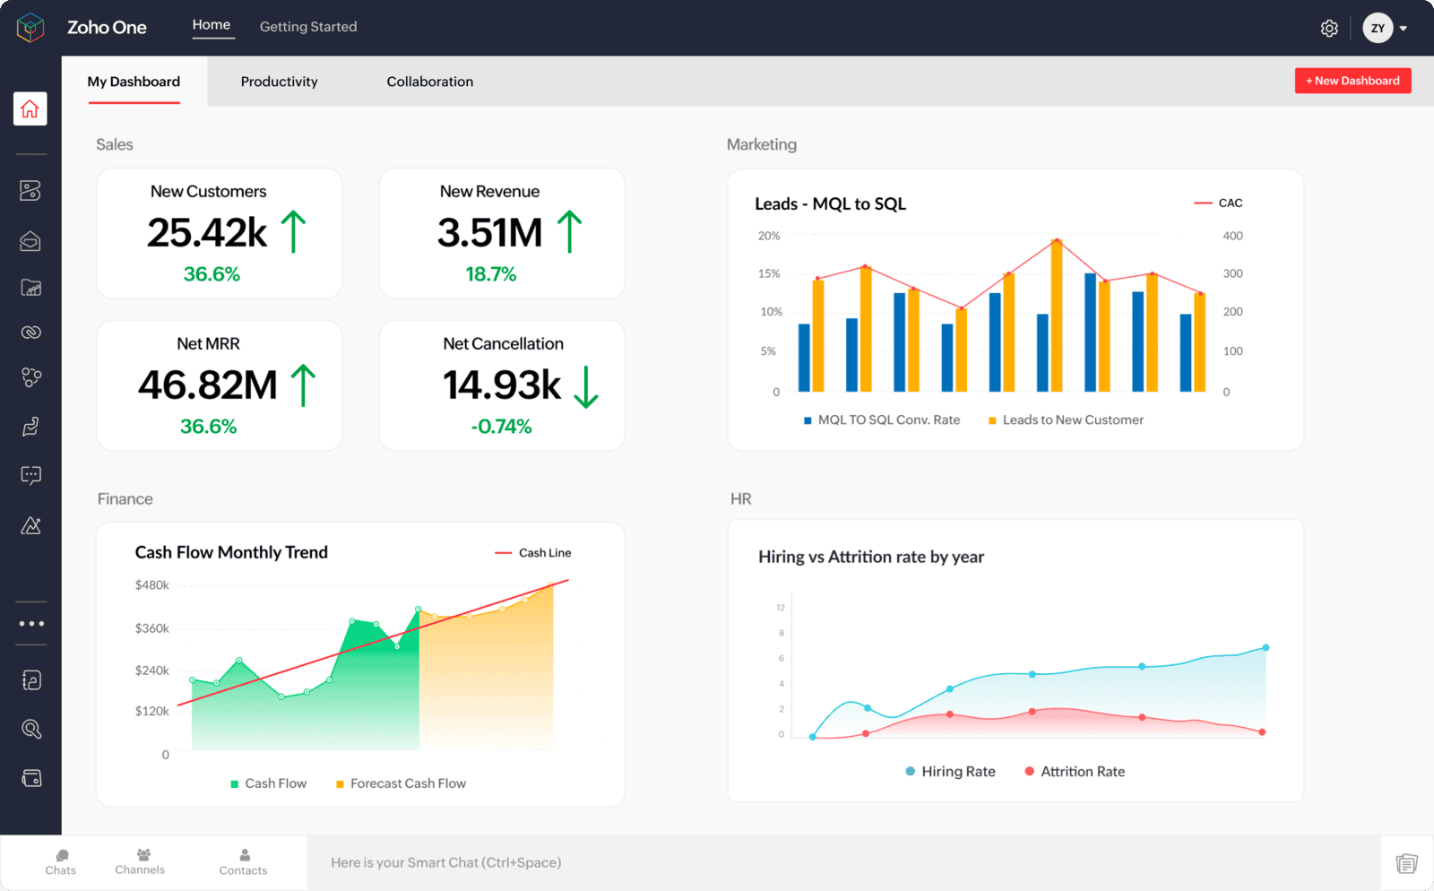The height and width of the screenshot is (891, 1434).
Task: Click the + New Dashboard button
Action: [1352, 81]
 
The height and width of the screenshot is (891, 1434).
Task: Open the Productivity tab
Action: [279, 82]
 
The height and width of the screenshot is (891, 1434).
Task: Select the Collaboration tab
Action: [429, 82]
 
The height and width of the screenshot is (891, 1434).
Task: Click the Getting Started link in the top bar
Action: [307, 27]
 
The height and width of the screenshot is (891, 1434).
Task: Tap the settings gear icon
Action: [1329, 29]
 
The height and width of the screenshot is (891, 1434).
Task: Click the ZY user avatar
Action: [1378, 28]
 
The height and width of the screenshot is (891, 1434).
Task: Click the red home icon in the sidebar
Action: [30, 109]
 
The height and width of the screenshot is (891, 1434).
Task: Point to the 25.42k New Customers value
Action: [207, 233]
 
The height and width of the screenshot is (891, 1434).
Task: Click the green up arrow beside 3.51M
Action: [569, 231]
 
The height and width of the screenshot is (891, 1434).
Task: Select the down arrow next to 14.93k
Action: [585, 386]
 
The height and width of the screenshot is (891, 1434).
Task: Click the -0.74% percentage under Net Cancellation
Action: [501, 427]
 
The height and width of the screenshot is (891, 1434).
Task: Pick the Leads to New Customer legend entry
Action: [1067, 420]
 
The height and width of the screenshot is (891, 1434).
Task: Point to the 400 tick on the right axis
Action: [1232, 236]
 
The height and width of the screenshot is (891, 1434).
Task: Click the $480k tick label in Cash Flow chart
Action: [151, 585]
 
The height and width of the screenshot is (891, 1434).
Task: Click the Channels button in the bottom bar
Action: [140, 861]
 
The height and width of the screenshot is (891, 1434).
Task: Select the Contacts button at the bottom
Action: [244, 862]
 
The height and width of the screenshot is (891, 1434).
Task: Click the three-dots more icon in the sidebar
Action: [31, 623]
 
